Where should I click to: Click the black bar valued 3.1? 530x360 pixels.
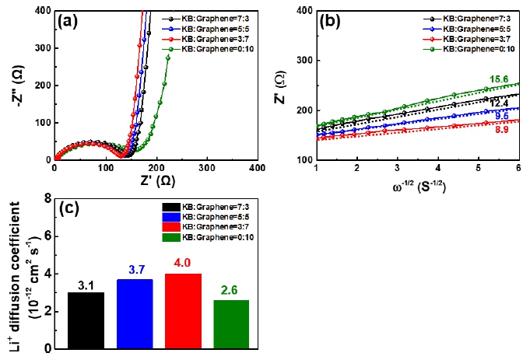(86, 320)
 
